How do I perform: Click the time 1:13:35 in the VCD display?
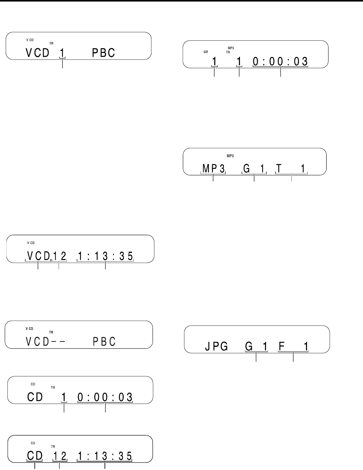click(105, 255)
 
